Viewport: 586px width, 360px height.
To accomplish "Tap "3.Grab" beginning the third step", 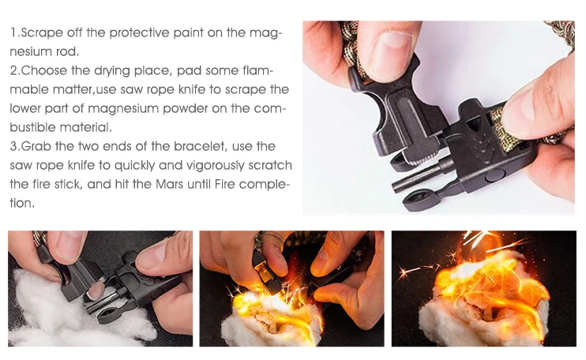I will click(x=32, y=146).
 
